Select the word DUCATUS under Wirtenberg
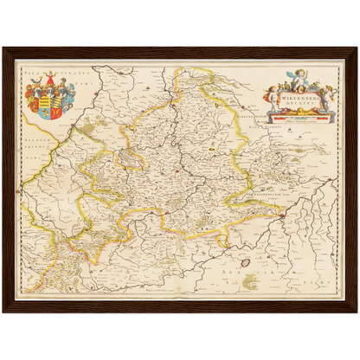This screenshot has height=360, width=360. point(299,106)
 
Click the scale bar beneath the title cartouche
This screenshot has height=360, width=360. point(299,118)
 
